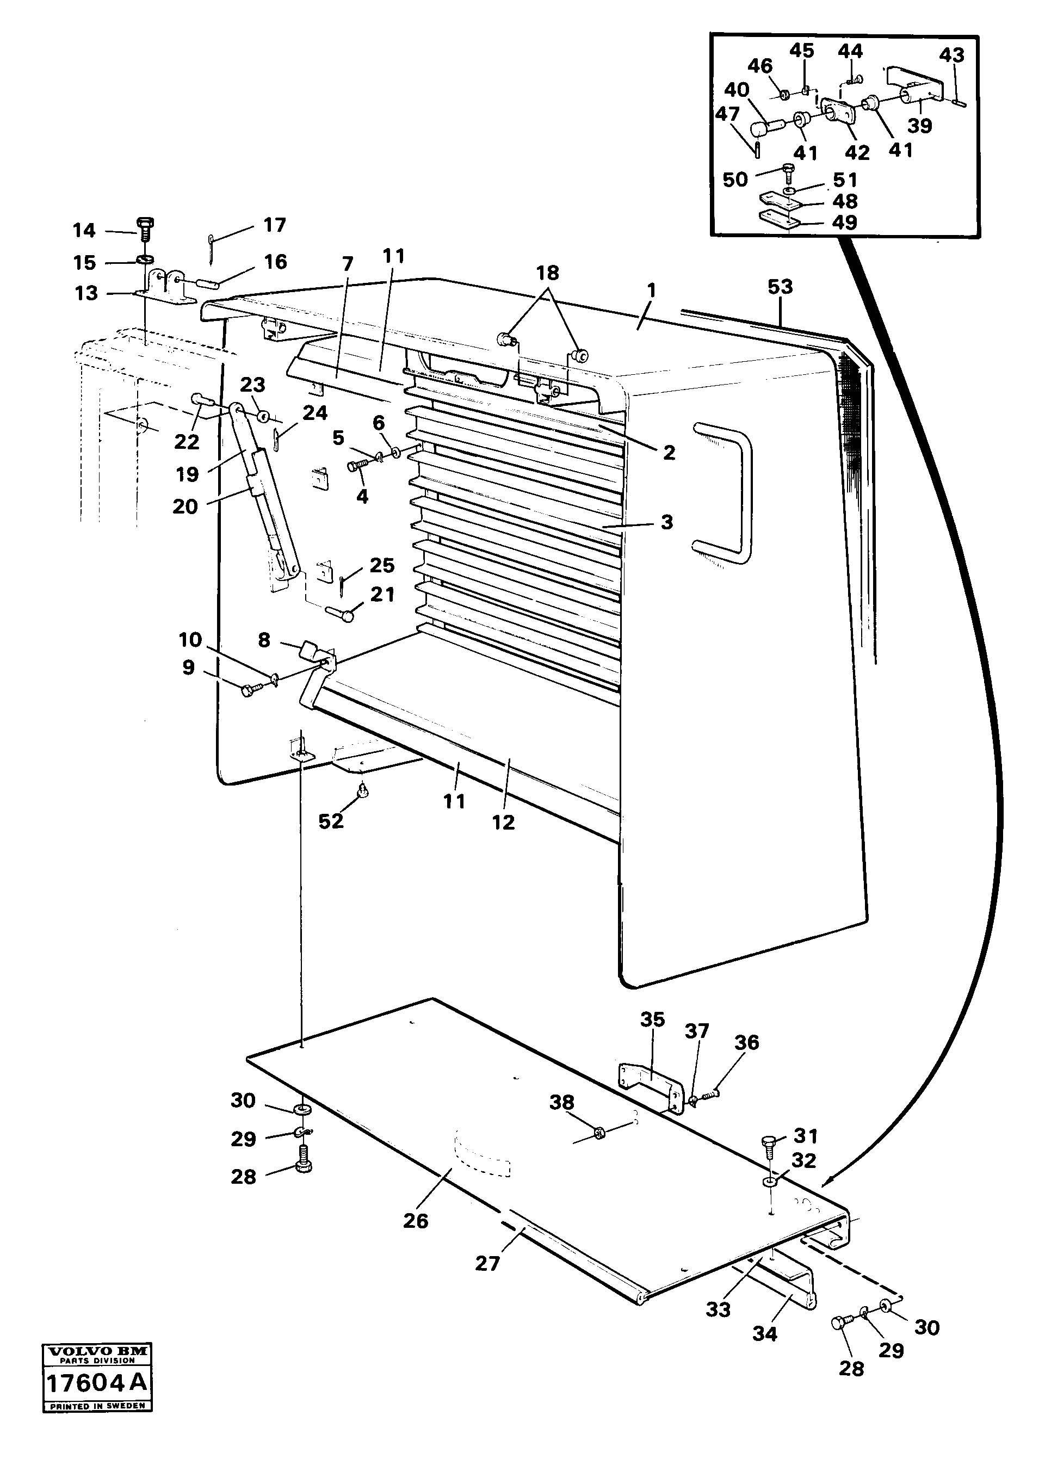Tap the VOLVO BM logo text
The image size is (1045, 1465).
click(x=96, y=1352)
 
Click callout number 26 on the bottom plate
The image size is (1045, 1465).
click(x=416, y=1221)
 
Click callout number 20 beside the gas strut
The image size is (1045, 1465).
click(x=185, y=506)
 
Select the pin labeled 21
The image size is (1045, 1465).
click(x=341, y=614)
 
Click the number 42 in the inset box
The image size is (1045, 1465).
click(x=857, y=152)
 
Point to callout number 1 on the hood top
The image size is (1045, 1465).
click(x=651, y=291)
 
